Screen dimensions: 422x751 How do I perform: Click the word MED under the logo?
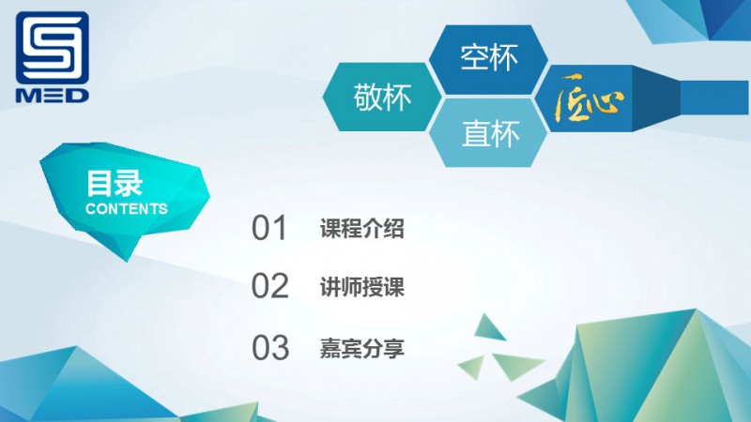tap(53, 95)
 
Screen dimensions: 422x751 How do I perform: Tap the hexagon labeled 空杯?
tap(488, 58)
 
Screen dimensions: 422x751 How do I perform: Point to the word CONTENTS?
tap(127, 209)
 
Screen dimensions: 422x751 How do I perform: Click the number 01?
tap(269, 228)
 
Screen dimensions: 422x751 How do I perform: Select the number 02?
tap(269, 287)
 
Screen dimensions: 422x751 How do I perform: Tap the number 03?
tap(269, 348)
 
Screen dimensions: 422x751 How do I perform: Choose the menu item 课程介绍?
tap(362, 228)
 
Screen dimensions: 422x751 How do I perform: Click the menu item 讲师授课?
tap(362, 287)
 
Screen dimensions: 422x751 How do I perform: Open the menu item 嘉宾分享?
tap(362, 348)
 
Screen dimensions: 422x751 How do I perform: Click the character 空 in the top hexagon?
tap(474, 58)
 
